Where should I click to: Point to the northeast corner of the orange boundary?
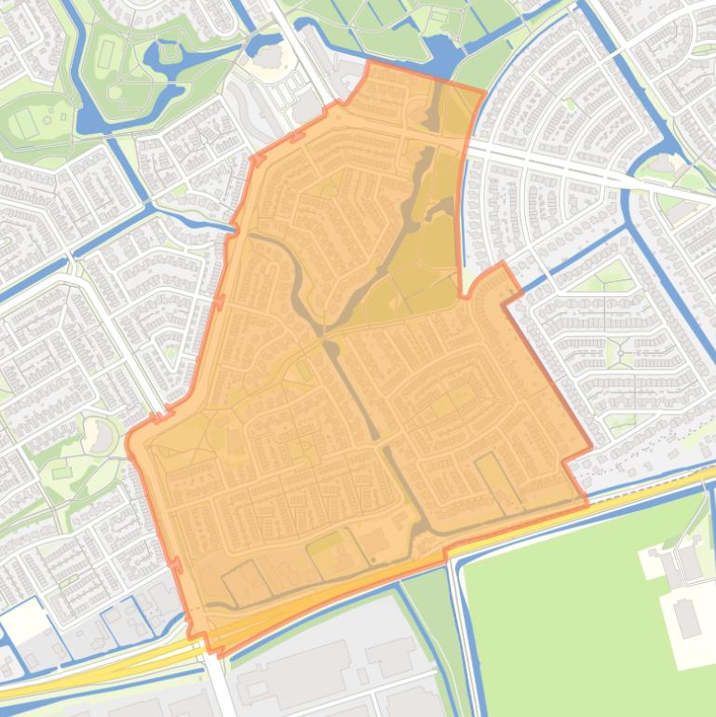tap(484, 91)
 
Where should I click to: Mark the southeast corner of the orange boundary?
tap(587, 504)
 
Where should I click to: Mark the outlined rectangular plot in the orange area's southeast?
tap(498, 484)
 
